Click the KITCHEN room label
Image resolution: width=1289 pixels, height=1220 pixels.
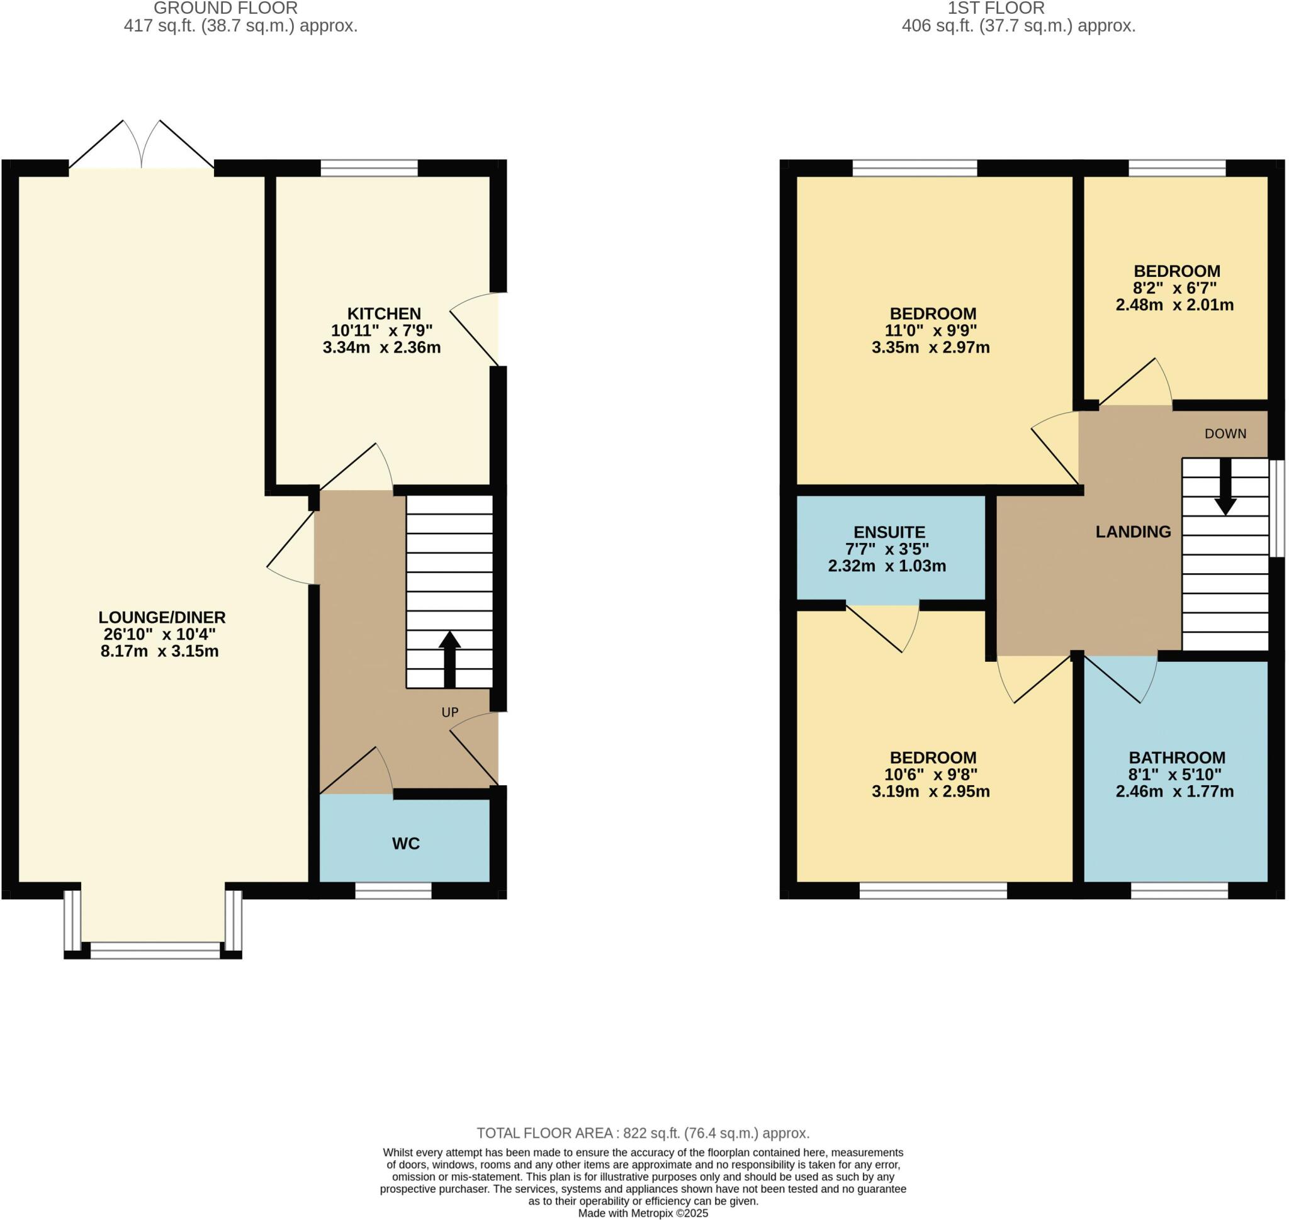(383, 313)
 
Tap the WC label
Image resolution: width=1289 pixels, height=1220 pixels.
(405, 844)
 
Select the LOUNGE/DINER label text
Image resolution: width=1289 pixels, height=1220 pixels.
(161, 617)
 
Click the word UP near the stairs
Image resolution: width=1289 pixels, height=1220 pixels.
(449, 712)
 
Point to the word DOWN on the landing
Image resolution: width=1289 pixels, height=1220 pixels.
(1225, 434)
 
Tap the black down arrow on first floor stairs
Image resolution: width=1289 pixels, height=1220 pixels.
(1225, 488)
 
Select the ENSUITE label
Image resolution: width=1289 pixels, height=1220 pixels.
(889, 532)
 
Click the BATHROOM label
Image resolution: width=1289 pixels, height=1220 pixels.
(1176, 758)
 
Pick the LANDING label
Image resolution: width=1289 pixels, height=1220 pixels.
(1133, 532)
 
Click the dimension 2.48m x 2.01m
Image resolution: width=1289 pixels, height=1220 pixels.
(1174, 305)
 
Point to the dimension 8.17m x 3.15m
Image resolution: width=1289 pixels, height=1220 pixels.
(159, 651)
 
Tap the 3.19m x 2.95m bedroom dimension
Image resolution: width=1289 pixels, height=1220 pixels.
(930, 792)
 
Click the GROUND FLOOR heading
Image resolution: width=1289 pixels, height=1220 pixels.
(225, 8)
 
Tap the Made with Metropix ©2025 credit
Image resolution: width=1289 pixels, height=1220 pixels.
(643, 1213)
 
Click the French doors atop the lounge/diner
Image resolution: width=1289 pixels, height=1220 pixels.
(141, 147)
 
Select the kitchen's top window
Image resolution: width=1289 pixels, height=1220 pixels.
(369, 169)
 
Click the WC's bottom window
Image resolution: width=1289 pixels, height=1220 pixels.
(393, 890)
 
